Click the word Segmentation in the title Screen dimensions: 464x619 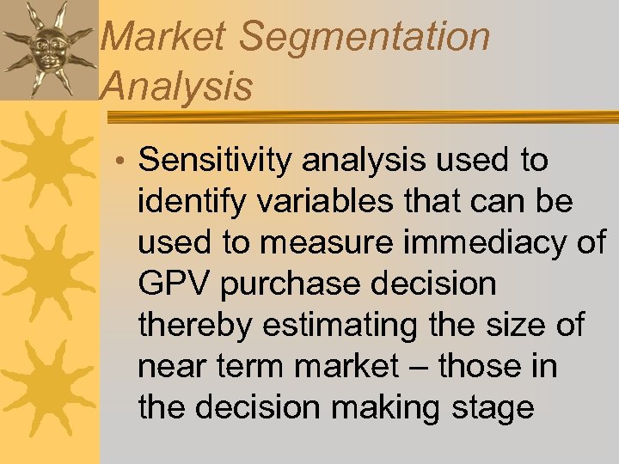pos(365,37)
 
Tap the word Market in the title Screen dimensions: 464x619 pos(163,37)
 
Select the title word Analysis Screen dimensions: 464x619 pos(176,86)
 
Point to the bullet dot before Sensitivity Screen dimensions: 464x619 pos(122,162)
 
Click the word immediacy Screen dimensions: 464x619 pos(482,242)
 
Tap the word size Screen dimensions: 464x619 pos(523,326)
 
